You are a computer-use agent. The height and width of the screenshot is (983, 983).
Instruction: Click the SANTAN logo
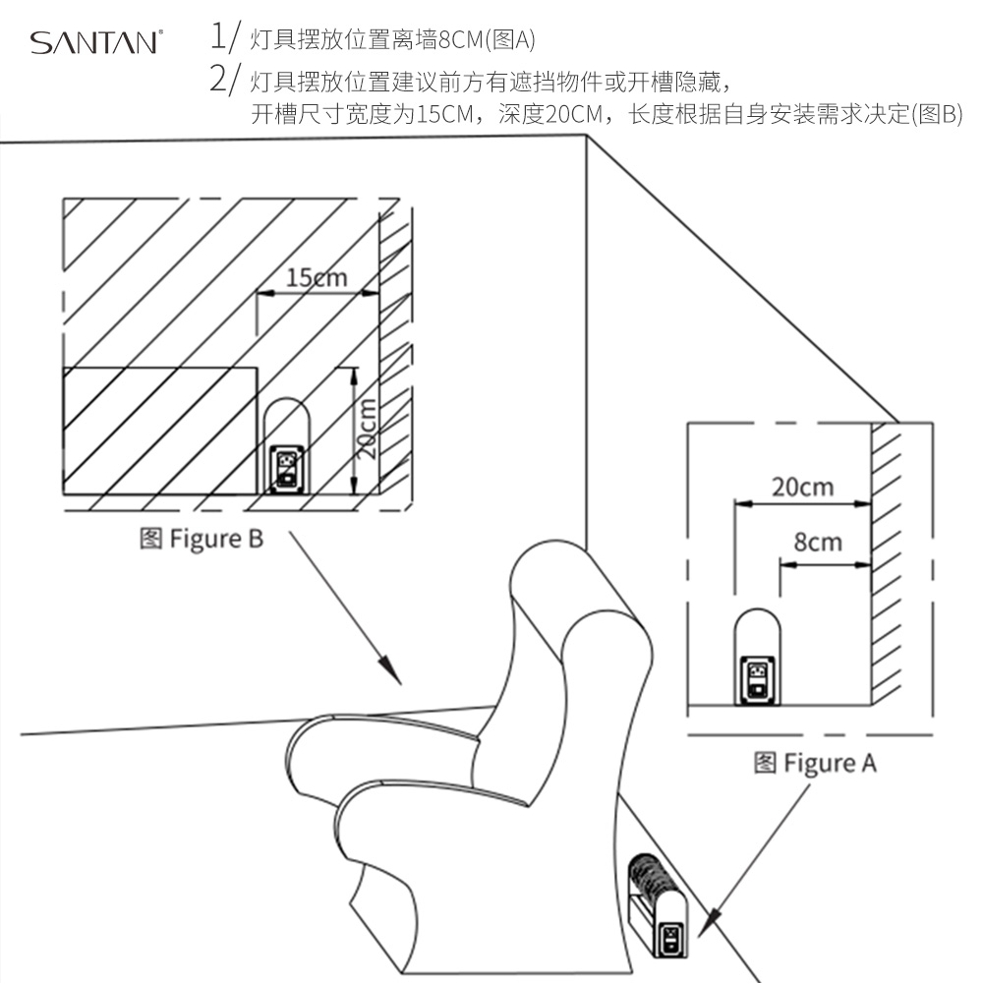(95, 42)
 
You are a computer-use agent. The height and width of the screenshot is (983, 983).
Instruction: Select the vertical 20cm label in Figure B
(366, 429)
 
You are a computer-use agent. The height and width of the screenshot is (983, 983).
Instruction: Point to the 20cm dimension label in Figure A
(802, 487)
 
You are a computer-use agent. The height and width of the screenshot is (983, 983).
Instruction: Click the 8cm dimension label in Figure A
(818, 542)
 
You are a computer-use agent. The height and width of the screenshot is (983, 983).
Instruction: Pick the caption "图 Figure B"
(202, 539)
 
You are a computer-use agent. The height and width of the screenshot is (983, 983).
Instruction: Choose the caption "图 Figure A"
(815, 763)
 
